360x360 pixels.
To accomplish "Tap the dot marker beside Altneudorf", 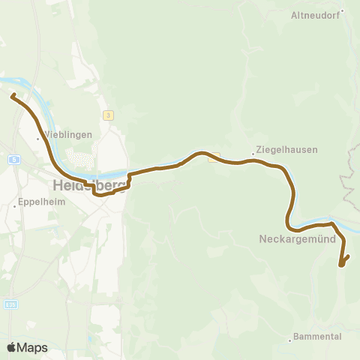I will (342, 10).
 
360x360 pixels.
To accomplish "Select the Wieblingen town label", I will (68, 135).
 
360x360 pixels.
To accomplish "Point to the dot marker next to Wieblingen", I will (39, 139).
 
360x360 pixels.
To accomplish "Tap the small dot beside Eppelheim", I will (16, 205).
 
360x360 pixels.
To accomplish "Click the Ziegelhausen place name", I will (286, 149).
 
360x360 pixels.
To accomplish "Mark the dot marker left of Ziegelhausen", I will (253, 154).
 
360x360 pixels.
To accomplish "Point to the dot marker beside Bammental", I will (290, 340).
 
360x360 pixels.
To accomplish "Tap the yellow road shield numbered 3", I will (109, 115).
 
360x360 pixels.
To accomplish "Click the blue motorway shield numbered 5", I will (14, 159).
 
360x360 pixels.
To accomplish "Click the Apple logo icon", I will (12, 348).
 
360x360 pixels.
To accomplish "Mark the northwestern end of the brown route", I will (13, 94).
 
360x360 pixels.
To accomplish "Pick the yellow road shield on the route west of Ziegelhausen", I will (214, 157).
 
